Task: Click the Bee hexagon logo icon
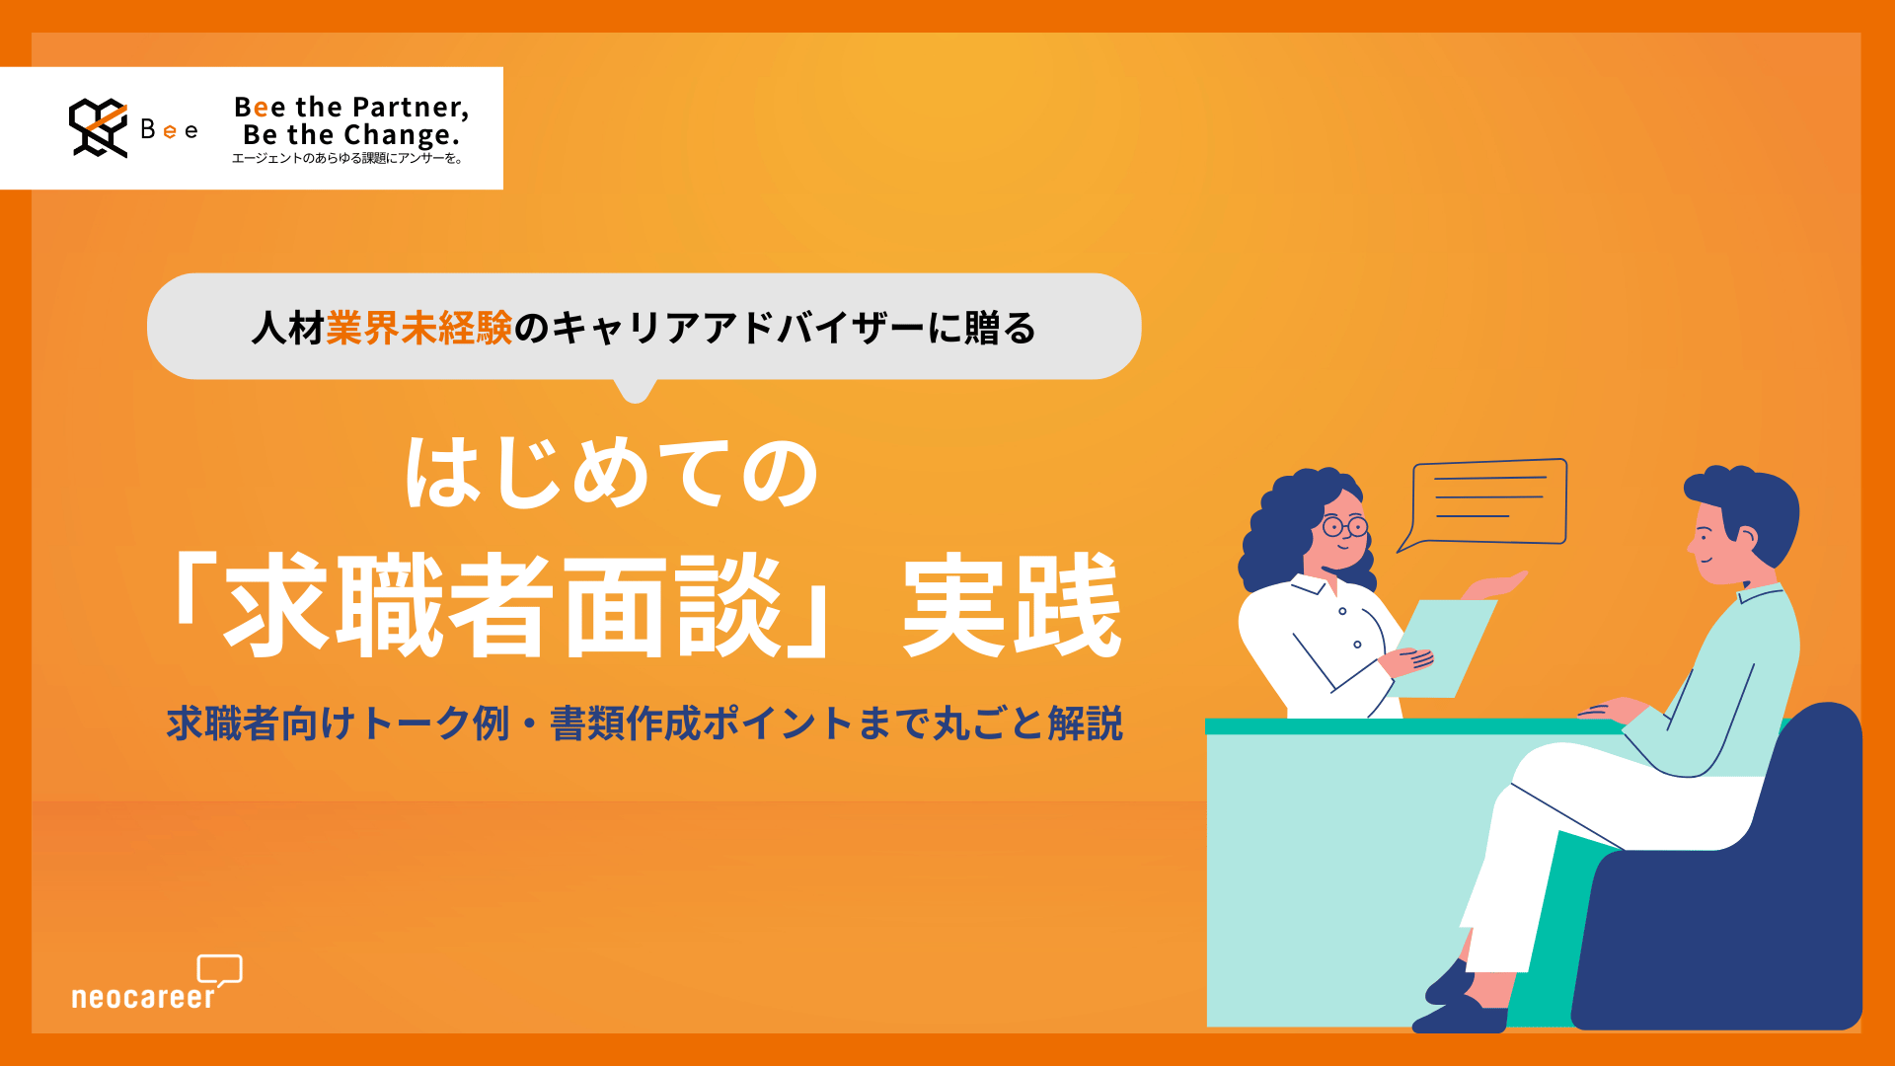pos(98,127)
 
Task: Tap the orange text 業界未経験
pos(419,328)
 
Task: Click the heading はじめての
pos(612,474)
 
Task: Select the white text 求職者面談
pos(503,604)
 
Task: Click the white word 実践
pos(1012,604)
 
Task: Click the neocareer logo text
pos(143,997)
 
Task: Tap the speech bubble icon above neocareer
pos(220,969)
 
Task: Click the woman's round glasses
pos(1344,526)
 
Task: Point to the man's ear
pos(1745,538)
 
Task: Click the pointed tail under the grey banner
pos(635,391)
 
